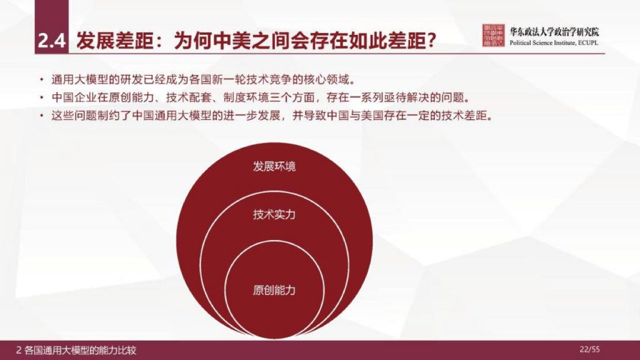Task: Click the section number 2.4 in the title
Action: coord(51,42)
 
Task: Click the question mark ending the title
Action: coord(429,42)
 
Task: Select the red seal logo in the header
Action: coord(494,36)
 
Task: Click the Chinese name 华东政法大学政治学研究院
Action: coord(554,31)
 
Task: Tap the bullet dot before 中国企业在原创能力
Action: coord(41,98)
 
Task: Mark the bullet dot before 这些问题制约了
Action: coord(41,116)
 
